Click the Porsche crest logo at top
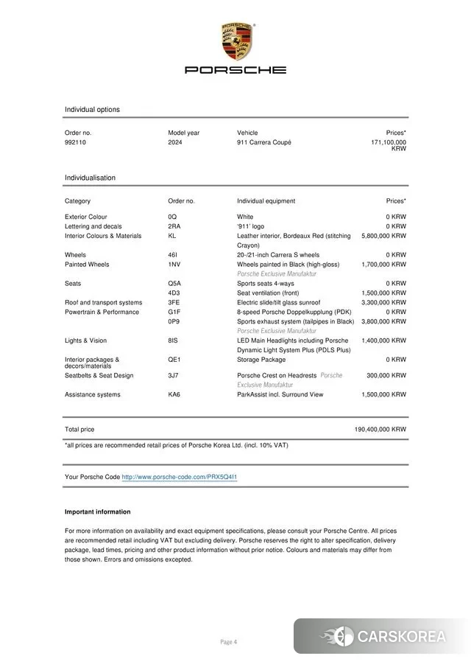point(235,41)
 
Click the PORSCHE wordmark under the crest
point(235,70)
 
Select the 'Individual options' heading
point(92,110)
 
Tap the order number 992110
point(75,142)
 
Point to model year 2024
point(175,142)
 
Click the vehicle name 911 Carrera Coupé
point(263,142)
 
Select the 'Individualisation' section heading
point(90,178)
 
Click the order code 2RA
point(174,226)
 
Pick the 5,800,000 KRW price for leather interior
point(383,236)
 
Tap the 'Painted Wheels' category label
point(87,264)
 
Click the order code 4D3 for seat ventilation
point(174,293)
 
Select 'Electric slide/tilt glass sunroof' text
point(278,302)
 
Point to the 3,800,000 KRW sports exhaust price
point(383,321)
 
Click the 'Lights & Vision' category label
point(85,341)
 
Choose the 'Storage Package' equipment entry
point(261,360)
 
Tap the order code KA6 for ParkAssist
point(174,394)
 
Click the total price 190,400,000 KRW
point(380,429)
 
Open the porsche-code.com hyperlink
point(179,477)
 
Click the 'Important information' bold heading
point(97,511)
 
